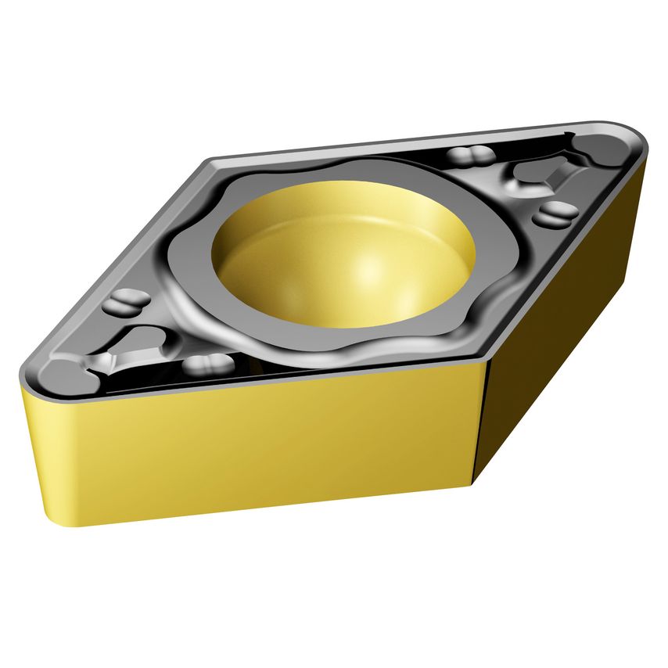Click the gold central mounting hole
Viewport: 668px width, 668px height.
click(344, 254)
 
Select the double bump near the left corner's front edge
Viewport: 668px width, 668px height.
click(207, 364)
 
